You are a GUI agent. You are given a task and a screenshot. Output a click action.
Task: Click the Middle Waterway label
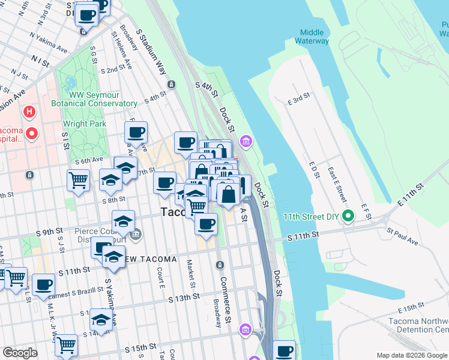pyautogui.click(x=312, y=37)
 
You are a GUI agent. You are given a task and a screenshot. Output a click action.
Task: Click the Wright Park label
pyautogui.click(x=85, y=124)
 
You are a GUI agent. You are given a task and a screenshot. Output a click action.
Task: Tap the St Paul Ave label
pyautogui.click(x=402, y=236)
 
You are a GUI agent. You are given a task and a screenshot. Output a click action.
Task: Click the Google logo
pyautogui.click(x=20, y=353)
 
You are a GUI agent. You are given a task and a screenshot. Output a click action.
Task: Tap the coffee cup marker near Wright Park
pyautogui.click(x=136, y=131)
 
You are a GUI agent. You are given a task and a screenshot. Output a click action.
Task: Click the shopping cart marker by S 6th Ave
pyautogui.click(x=78, y=179)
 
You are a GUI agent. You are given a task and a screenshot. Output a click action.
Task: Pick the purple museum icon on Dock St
pyautogui.click(x=246, y=142)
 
